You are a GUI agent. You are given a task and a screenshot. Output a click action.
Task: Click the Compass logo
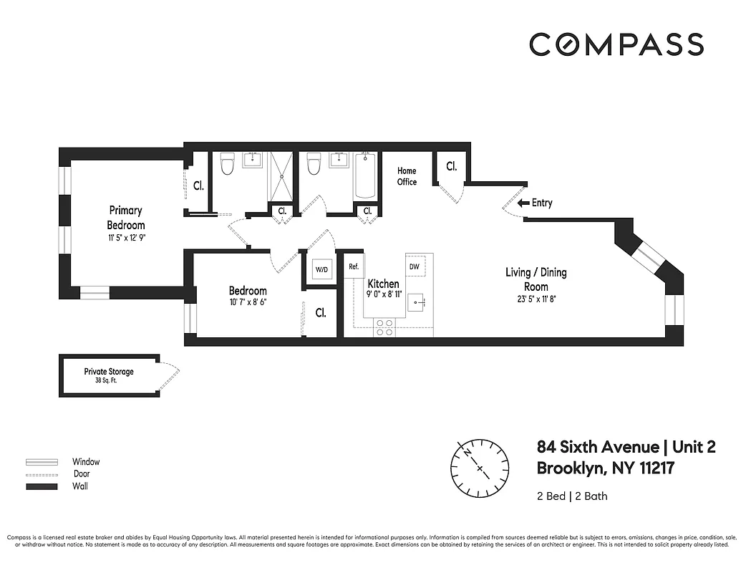click(x=616, y=44)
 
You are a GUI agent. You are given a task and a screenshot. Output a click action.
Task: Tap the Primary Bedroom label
click(x=126, y=217)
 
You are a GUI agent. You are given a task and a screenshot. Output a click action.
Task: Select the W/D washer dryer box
click(x=321, y=269)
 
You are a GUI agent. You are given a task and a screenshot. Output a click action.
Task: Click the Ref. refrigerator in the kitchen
click(x=353, y=266)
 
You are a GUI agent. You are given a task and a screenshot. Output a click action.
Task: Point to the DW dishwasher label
click(x=414, y=266)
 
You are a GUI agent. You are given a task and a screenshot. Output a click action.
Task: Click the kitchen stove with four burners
click(x=384, y=327)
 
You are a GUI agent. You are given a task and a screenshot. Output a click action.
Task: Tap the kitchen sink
click(x=418, y=304)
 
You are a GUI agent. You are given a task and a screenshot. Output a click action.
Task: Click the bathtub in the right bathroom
click(x=365, y=176)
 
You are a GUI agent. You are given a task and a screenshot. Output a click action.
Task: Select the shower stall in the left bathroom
click(x=280, y=176)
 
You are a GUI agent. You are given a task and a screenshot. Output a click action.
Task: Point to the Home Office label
click(x=407, y=176)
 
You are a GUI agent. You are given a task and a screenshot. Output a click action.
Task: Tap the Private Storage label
click(x=109, y=372)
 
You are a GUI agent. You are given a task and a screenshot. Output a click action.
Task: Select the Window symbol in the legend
click(x=42, y=462)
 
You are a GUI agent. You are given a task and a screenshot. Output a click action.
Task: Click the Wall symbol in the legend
click(x=42, y=486)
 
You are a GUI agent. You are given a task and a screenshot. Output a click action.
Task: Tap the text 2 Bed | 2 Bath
click(x=572, y=496)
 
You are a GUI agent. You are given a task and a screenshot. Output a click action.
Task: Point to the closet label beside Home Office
click(x=451, y=166)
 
